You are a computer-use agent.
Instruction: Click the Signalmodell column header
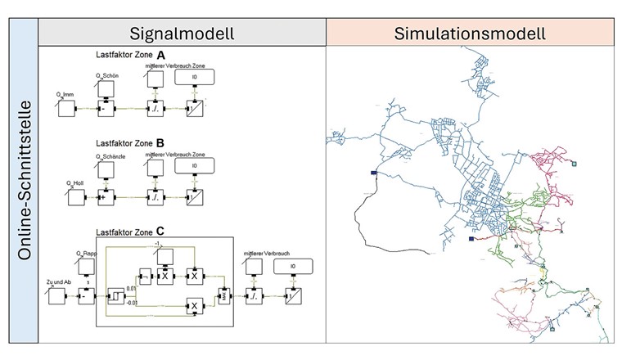tap(182, 34)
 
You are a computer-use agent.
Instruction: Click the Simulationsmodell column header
tap(469, 34)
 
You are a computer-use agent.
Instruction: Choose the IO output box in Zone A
tap(194, 77)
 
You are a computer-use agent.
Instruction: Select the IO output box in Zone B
tap(194, 165)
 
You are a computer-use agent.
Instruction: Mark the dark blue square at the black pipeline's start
tap(373, 173)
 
